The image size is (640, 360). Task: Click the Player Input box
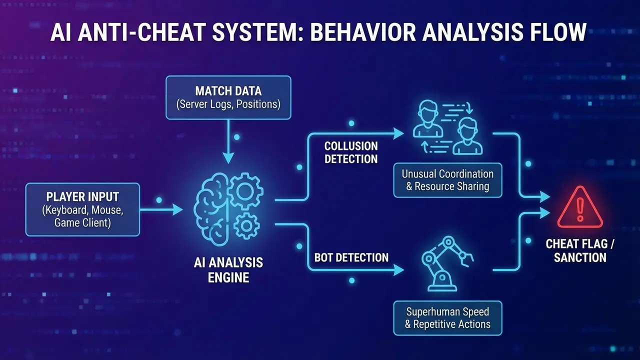coord(82,209)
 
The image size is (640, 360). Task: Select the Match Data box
coord(228,97)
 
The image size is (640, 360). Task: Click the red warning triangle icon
coord(580,207)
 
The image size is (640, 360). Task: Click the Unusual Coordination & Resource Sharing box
coord(447,180)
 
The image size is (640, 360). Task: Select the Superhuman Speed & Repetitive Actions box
coord(447,317)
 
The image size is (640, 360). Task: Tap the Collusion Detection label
coord(351,152)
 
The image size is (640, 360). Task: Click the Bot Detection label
coord(351,257)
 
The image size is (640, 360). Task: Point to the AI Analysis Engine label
coord(228,269)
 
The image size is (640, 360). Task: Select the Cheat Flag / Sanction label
coord(580,250)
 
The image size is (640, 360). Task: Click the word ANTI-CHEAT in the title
coord(130,32)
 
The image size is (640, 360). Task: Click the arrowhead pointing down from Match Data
coord(228,157)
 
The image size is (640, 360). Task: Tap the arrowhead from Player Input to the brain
coord(177,209)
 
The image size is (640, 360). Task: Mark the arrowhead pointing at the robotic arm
coord(398,270)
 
